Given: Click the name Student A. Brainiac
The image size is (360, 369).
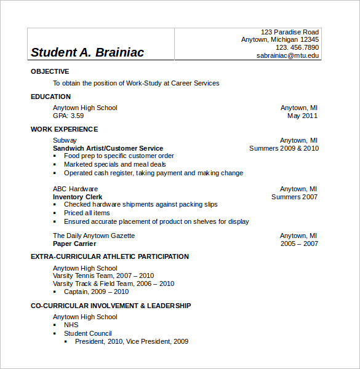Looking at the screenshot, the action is pos(87,52).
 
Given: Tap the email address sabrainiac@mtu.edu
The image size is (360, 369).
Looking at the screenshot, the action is pos(288,55).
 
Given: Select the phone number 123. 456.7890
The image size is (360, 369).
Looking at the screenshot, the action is pos(297,47).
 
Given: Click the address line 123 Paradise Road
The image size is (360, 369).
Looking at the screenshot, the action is pos(290,32).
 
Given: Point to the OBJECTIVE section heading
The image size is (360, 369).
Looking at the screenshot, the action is pos(50,71).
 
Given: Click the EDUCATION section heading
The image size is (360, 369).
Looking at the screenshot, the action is pos(50,97).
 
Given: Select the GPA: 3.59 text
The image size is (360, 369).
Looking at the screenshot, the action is pos(68,116).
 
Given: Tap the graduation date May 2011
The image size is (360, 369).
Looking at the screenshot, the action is pos(302,116).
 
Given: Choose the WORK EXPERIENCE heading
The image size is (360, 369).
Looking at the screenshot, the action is pos(64,129).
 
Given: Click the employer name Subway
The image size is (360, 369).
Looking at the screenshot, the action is pos(65,140).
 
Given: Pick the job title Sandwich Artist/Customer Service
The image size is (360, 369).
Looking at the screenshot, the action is pos(108,148).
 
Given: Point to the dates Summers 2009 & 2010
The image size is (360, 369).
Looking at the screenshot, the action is pos(284,148).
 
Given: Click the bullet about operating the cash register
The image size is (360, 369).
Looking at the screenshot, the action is pos(153,173).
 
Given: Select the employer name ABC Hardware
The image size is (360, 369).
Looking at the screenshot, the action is pos(75,189).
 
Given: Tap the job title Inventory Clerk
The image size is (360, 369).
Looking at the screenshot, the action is pos(78,197).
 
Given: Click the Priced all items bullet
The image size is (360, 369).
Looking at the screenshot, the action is pos(87,213).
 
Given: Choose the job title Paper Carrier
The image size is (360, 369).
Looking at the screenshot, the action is pos(75,244).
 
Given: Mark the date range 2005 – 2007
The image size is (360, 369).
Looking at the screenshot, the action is pos(299,244).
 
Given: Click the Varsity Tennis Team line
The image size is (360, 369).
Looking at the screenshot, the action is pos(103,276).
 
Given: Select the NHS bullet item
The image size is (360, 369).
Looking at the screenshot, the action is pos(71,325).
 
